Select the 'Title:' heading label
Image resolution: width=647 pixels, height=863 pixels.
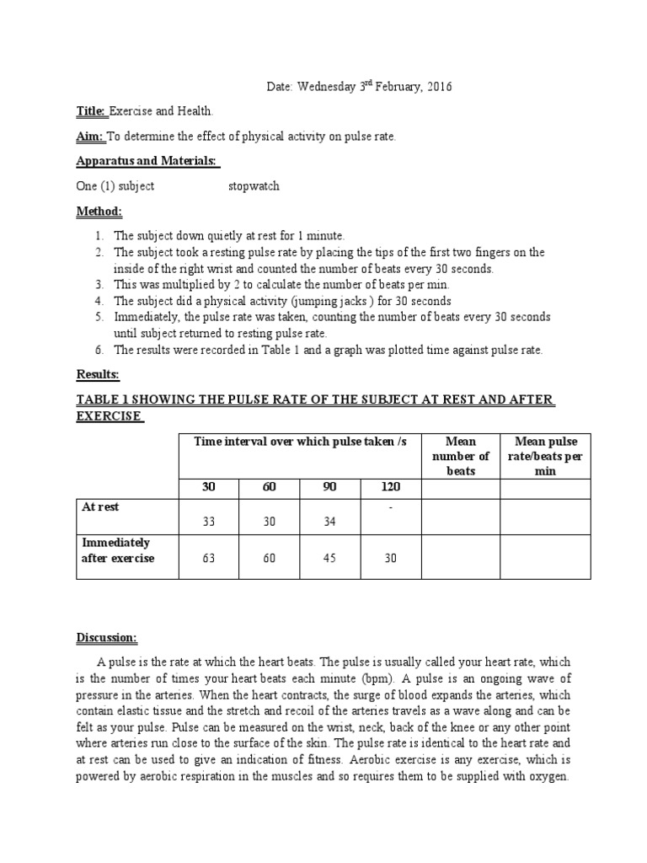point(91,111)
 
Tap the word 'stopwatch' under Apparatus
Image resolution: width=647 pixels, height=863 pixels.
point(254,186)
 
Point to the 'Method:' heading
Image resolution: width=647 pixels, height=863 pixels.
point(99,211)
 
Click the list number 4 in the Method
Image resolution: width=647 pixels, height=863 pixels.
point(99,301)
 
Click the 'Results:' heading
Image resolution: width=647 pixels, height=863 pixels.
point(98,373)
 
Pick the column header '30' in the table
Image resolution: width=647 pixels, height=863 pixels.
point(209,487)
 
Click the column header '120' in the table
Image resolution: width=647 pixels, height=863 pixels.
point(390,487)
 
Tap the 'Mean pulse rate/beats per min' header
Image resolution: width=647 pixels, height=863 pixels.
point(545,456)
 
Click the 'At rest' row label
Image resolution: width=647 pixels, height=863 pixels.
point(100,507)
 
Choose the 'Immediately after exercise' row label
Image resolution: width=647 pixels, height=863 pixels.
point(118,550)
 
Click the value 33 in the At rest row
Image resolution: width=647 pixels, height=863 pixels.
point(209,522)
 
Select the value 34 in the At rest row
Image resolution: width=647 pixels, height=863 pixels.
point(329,522)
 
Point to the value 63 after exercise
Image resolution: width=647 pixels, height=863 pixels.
point(209,558)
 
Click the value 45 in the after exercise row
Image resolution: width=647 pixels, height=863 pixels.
point(329,558)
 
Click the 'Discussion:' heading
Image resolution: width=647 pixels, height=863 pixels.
point(107,636)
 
